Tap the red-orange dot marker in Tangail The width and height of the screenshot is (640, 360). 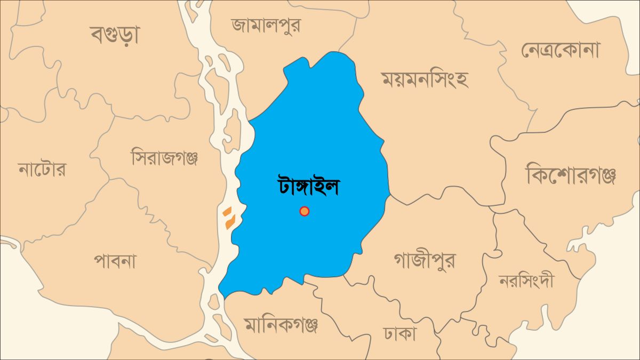click(x=304, y=211)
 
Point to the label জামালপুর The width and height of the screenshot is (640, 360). click(x=266, y=25)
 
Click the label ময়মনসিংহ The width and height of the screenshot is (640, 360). click(x=425, y=79)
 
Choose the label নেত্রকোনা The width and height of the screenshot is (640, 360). click(x=560, y=50)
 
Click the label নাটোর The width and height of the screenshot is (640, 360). click(x=42, y=170)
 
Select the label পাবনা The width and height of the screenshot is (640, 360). click(x=115, y=261)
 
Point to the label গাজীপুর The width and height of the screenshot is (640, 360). click(x=425, y=261)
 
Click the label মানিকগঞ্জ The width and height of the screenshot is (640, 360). click(x=281, y=324)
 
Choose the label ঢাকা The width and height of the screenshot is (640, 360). click(x=399, y=334)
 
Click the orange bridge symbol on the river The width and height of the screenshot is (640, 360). click(x=229, y=218)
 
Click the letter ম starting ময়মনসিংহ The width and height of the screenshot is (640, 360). click(x=388, y=80)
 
